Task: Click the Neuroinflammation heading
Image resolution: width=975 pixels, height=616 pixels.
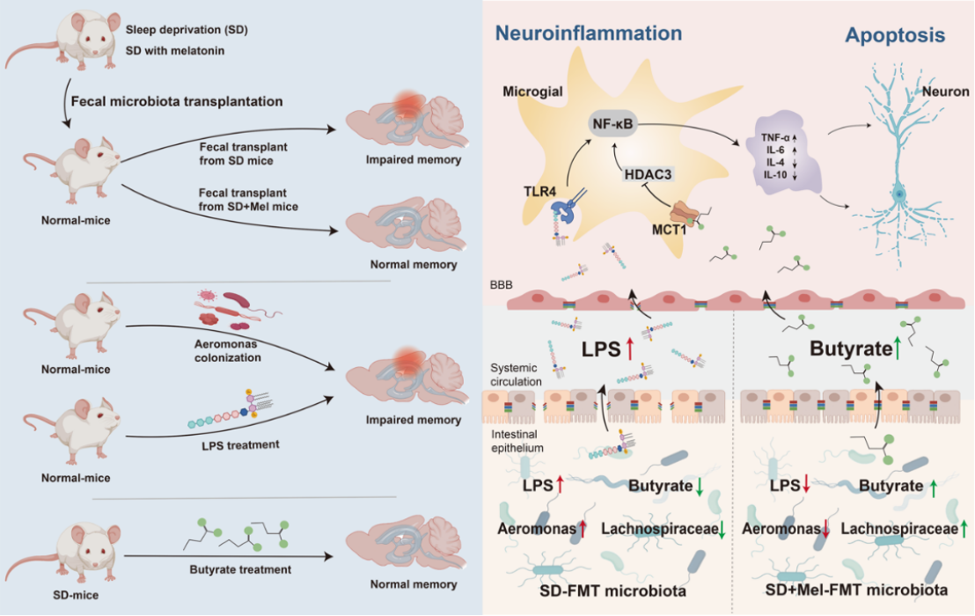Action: (x=588, y=33)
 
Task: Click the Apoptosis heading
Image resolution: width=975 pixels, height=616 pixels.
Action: (x=895, y=35)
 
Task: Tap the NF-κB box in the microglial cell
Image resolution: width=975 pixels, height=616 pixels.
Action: (x=612, y=124)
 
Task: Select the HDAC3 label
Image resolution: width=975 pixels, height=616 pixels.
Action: (x=648, y=174)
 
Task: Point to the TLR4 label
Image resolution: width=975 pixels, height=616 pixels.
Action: (x=539, y=192)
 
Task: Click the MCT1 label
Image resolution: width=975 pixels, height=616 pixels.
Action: (x=669, y=230)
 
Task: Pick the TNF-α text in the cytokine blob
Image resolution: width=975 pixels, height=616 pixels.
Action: (x=774, y=138)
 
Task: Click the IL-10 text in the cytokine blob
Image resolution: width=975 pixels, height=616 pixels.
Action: (x=775, y=174)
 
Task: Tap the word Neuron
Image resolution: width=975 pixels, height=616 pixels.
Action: (x=945, y=92)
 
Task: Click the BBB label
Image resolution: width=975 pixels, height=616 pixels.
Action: (x=502, y=285)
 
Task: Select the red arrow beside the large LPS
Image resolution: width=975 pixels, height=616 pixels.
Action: (x=629, y=348)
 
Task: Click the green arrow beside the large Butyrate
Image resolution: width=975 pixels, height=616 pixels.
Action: (x=897, y=348)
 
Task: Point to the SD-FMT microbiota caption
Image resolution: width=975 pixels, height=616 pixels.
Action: (x=612, y=590)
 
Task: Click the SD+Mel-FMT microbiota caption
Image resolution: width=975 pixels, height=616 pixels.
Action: (x=856, y=590)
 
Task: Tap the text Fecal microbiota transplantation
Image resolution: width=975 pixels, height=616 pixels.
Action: (x=177, y=101)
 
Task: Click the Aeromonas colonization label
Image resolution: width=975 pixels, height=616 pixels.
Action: (x=228, y=351)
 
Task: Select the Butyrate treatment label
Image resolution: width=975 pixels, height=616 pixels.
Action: (x=240, y=569)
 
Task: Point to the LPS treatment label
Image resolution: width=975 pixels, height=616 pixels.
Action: (x=240, y=445)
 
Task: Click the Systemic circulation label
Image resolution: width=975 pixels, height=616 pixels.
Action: (x=517, y=375)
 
